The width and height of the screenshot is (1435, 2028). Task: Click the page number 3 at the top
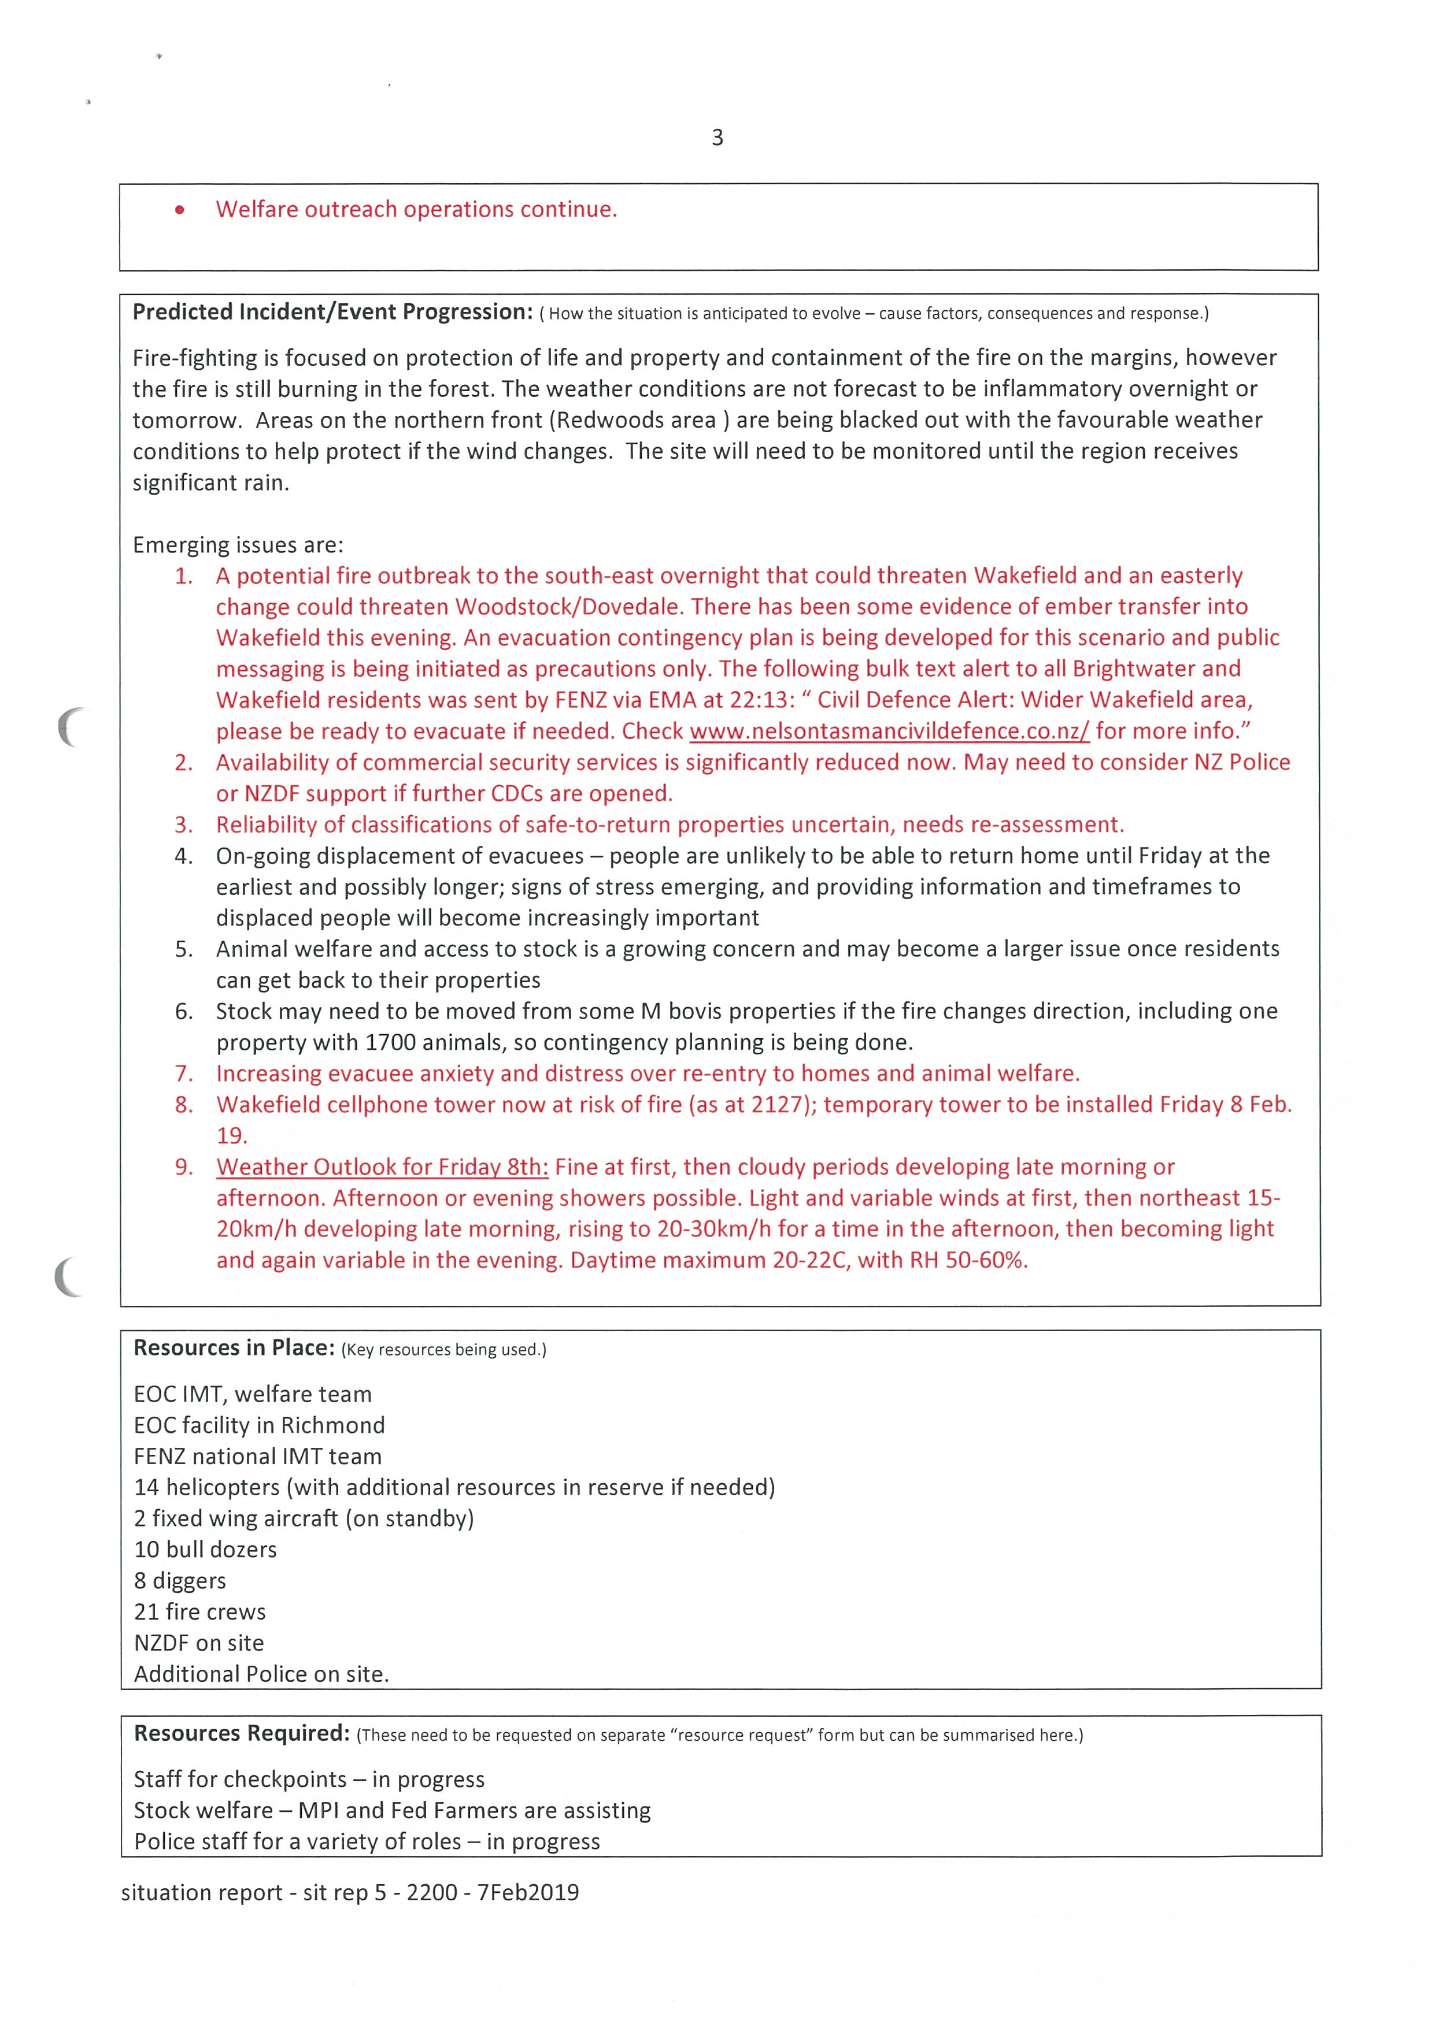pyautogui.click(x=716, y=138)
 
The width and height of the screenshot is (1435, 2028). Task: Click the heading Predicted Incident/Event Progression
pyautogui.click(x=332, y=313)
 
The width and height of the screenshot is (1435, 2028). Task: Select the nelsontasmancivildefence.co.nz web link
pyautogui.click(x=889, y=731)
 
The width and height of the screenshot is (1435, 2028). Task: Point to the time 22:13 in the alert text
pyautogui.click(x=759, y=700)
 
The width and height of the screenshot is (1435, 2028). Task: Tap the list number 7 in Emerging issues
pyautogui.click(x=183, y=1074)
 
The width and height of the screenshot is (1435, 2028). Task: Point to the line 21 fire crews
pyautogui.click(x=199, y=1612)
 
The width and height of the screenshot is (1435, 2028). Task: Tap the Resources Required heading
pyautogui.click(x=241, y=1734)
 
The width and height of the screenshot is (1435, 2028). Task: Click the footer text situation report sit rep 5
pyautogui.click(x=350, y=1893)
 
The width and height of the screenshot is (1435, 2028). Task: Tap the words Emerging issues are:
pyautogui.click(x=238, y=545)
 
